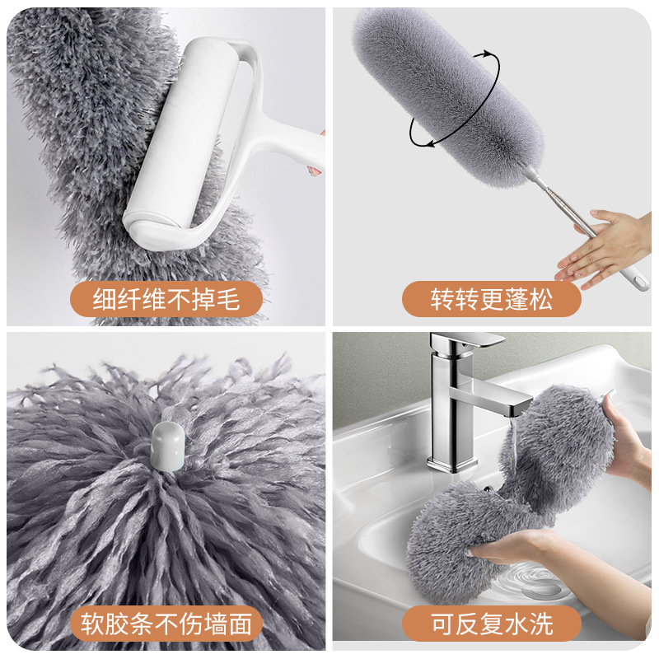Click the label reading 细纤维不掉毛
coord(166,299)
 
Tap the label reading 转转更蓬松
coord(491,299)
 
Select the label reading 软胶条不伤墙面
coord(166,624)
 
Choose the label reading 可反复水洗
coord(491,624)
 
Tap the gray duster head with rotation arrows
coord(445,82)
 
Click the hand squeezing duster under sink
coord(511,548)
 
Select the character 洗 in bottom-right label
coord(540,624)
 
